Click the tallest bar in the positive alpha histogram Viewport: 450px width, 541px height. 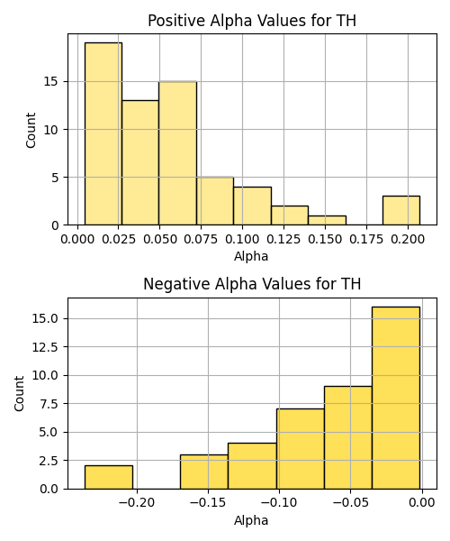point(103,133)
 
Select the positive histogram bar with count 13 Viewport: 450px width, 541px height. point(140,162)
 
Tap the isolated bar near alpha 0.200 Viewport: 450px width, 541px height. point(401,210)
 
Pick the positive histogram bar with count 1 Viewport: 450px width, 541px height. point(327,221)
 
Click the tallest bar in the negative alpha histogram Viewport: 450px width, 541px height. point(396,398)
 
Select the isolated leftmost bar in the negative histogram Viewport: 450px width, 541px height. point(109,477)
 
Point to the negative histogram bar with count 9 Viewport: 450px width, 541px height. point(348,437)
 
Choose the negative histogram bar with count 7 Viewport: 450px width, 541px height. point(301,449)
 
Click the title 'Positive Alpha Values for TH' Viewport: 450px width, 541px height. point(252,21)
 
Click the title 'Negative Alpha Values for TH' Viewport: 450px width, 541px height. point(252,284)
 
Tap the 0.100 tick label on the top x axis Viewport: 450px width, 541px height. point(242,240)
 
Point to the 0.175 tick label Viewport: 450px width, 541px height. point(366,240)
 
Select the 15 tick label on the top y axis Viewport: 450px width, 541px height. point(51,82)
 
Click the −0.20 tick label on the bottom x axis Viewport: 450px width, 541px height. point(137,503)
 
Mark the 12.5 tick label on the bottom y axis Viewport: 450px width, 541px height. point(45,347)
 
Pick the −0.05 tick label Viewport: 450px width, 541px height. point(350,503)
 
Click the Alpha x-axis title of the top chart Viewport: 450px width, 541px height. point(251,256)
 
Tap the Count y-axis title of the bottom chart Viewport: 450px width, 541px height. point(19,394)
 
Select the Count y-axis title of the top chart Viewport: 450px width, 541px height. point(31,130)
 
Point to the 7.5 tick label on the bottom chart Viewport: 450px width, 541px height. point(49,404)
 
